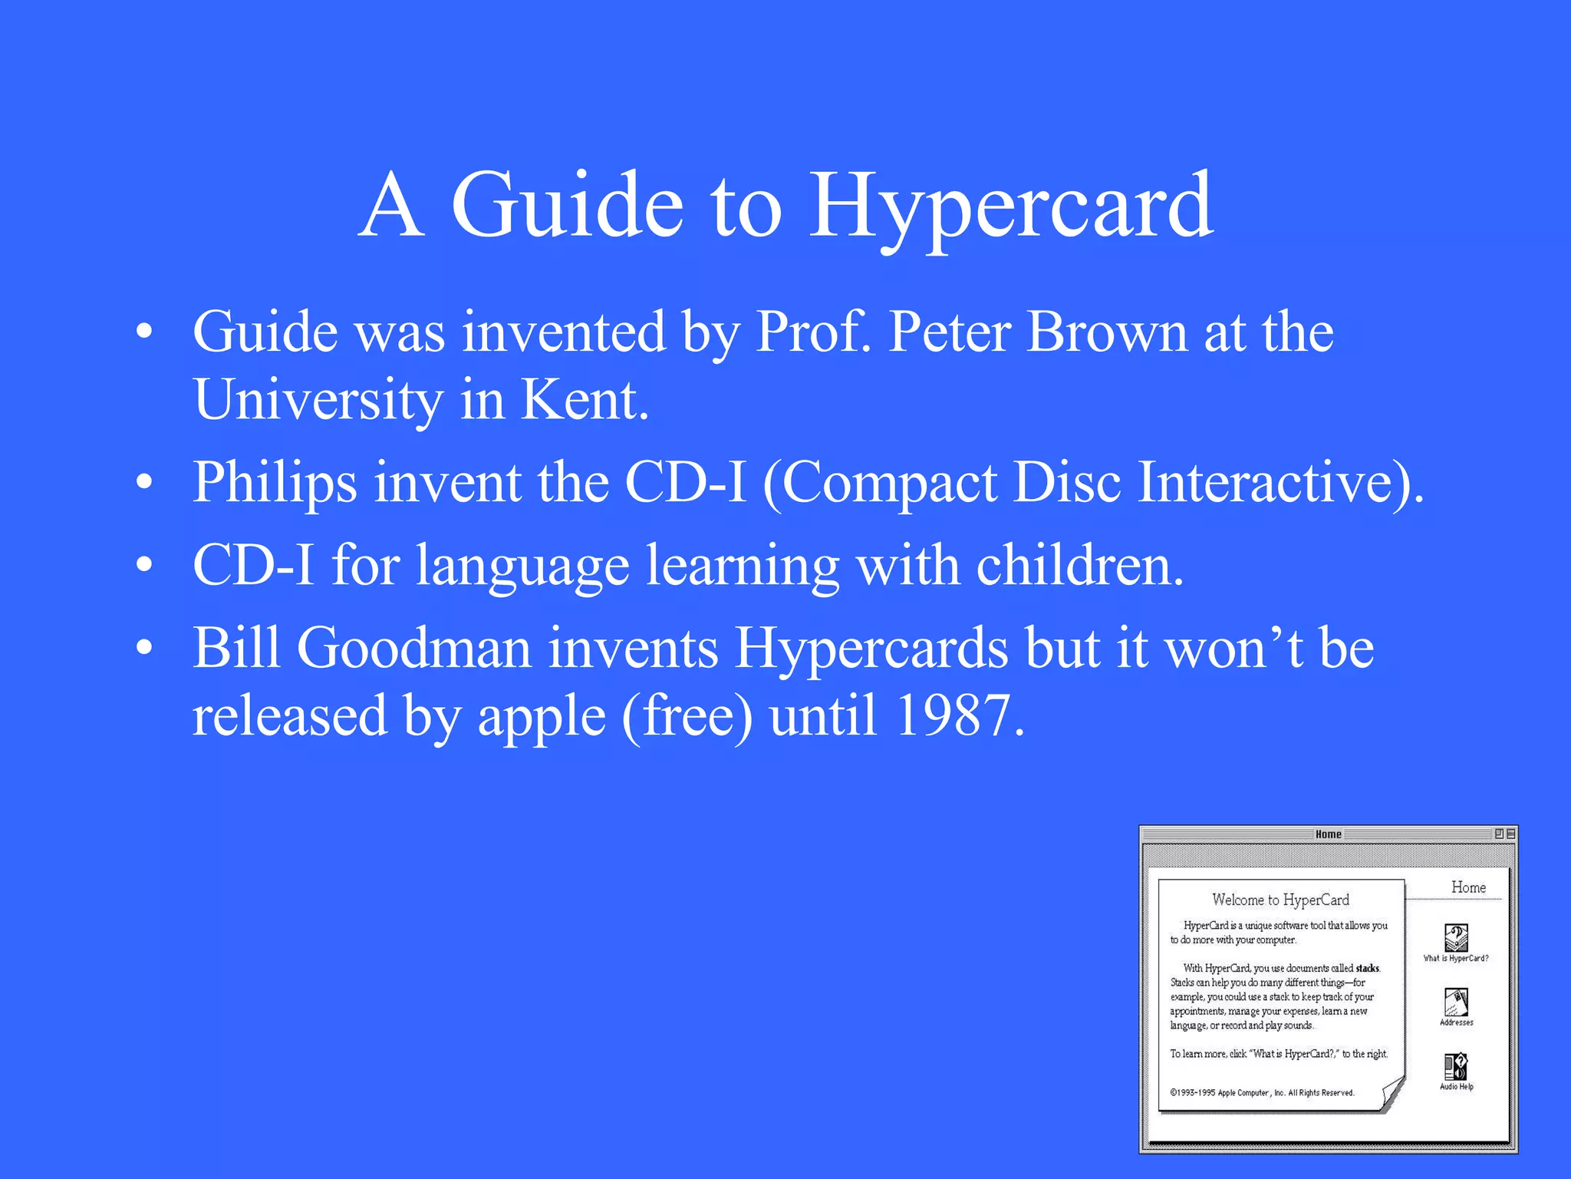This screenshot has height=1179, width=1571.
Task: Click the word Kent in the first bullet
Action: pyautogui.click(x=585, y=400)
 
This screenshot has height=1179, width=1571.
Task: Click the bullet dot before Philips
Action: pyautogui.click(x=144, y=483)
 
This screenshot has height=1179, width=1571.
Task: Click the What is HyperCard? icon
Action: pyautogui.click(x=1456, y=937)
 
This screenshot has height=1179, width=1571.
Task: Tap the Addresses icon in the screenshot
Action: pyautogui.click(x=1456, y=1002)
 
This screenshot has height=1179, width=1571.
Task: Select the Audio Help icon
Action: pyautogui.click(x=1456, y=1066)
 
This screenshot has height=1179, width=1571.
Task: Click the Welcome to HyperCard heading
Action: pyautogui.click(x=1280, y=900)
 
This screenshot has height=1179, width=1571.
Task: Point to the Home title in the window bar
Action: pyautogui.click(x=1329, y=834)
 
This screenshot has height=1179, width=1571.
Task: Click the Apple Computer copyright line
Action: pyautogui.click(x=1262, y=1092)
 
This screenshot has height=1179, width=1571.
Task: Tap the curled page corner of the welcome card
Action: pyautogui.click(x=1392, y=1093)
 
